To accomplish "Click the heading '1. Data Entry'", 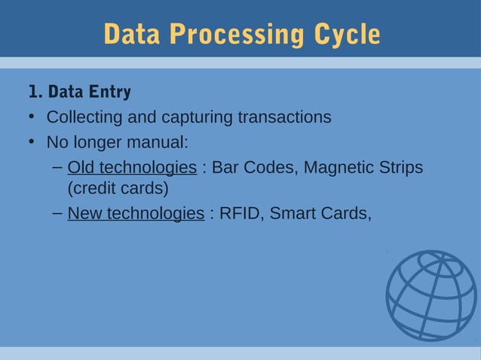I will (79, 93).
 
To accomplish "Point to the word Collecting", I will (81, 117).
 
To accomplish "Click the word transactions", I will (284, 117).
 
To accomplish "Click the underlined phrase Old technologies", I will (132, 166).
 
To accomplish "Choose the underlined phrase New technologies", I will (136, 214).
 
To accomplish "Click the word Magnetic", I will (337, 166).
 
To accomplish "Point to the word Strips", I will (399, 166).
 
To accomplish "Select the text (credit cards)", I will (118, 188).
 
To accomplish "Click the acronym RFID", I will (240, 214).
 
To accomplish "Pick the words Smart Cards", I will (320, 214).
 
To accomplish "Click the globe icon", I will (431, 294).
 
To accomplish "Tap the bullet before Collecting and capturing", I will (32, 117).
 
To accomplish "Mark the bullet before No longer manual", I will (32, 142).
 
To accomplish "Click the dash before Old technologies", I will (57, 166).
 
